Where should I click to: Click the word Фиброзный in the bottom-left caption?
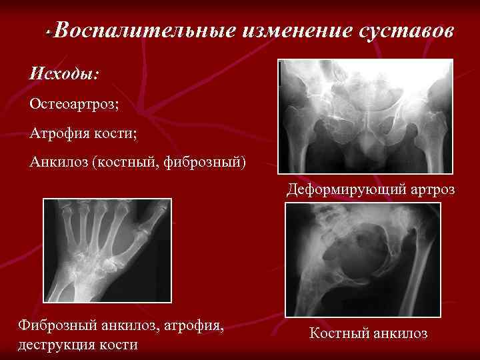pos(57,327)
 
